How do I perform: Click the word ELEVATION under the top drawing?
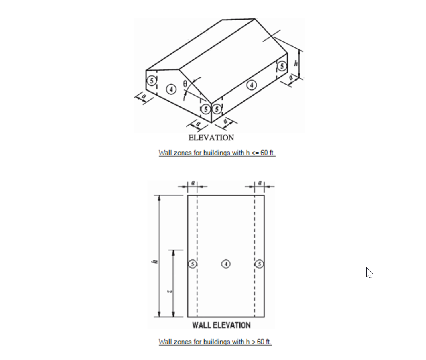211,138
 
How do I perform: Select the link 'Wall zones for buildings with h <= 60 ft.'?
217,153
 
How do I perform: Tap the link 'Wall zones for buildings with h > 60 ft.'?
215,342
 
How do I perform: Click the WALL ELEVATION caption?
221,325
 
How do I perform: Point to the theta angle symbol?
185,84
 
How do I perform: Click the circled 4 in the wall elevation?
226,264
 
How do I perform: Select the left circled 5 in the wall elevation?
193,264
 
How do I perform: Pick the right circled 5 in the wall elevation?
259,264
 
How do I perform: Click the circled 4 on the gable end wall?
171,89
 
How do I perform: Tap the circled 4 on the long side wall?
252,85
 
